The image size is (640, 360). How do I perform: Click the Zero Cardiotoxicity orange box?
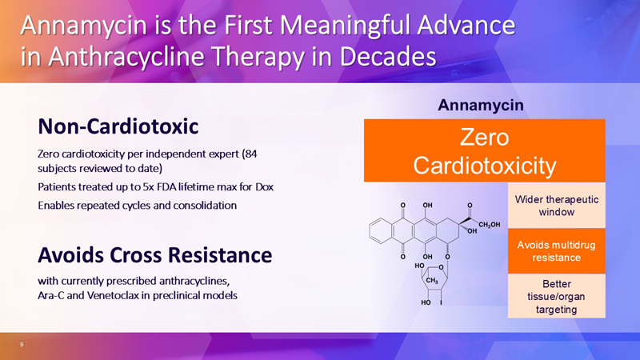point(485,151)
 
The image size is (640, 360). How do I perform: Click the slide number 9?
point(22,344)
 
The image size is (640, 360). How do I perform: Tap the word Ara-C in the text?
point(51,296)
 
